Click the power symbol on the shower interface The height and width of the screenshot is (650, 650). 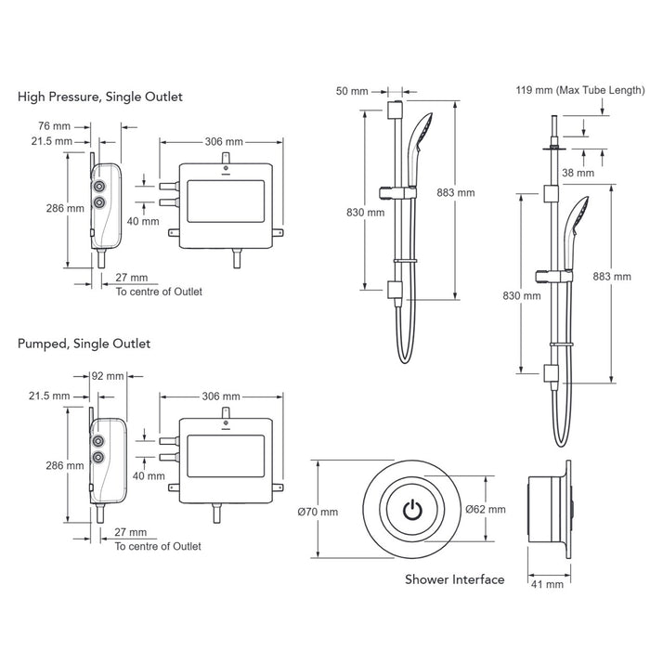(x=412, y=510)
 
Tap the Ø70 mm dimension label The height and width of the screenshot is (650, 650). (x=318, y=512)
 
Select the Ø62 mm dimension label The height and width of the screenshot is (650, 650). (x=486, y=510)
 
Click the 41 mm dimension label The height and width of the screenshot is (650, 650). (x=547, y=584)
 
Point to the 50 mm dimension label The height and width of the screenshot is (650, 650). (x=352, y=91)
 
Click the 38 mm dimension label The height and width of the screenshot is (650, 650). (x=578, y=173)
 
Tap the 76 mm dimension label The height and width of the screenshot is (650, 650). (x=54, y=126)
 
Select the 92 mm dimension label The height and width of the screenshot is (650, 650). (x=108, y=376)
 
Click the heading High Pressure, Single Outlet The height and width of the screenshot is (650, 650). (x=100, y=97)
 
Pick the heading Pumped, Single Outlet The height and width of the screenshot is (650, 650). (x=84, y=344)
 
